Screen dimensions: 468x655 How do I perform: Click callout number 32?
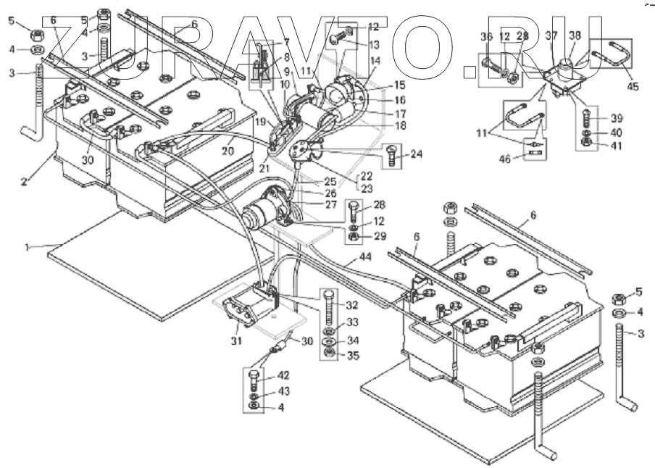353,305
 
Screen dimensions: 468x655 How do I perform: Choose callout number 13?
373,45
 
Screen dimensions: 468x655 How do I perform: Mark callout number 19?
259,122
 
